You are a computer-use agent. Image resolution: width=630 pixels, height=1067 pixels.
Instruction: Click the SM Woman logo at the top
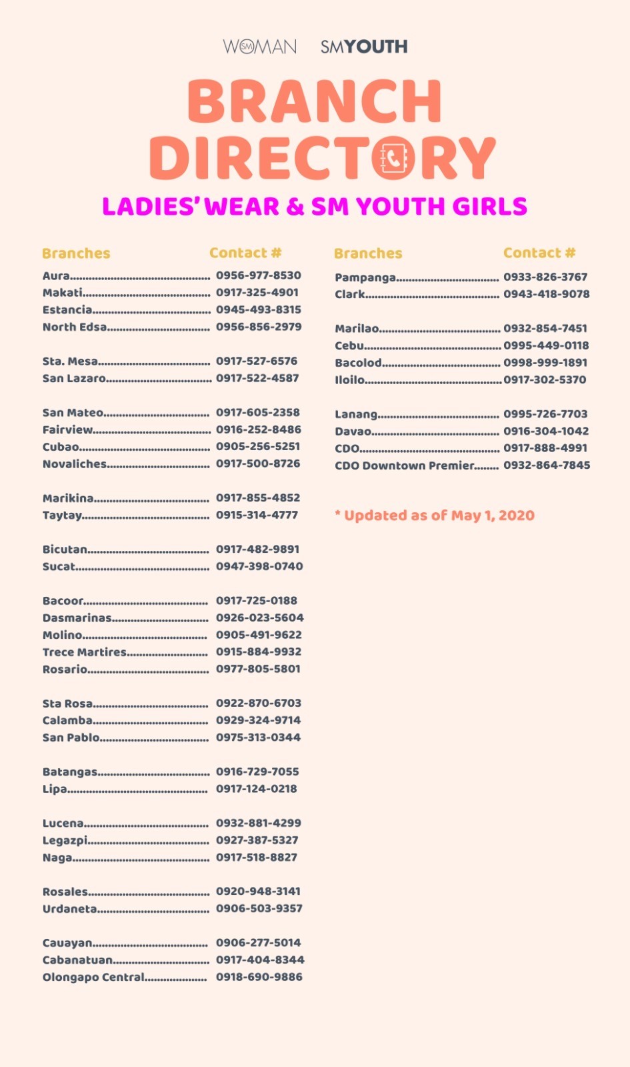click(x=259, y=47)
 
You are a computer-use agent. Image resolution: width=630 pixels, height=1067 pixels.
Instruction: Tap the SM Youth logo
click(x=364, y=47)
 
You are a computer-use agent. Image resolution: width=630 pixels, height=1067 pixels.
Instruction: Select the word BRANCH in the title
click(x=315, y=101)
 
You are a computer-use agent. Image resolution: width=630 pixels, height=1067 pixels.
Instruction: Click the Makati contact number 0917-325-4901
click(x=257, y=292)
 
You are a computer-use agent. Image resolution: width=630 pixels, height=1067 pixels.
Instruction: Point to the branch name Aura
click(x=56, y=276)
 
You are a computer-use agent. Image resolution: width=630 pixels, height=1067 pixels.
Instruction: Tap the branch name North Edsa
click(x=75, y=327)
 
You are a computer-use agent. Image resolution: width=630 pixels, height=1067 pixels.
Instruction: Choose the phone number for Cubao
click(x=258, y=446)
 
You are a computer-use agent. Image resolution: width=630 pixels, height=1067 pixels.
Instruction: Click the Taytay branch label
click(x=63, y=515)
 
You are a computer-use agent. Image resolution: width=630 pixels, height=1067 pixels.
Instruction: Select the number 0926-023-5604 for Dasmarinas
click(x=259, y=618)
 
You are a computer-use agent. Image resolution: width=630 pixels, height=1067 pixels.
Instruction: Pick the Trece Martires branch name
click(x=85, y=652)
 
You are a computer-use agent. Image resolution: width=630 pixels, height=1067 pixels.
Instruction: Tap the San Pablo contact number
click(x=258, y=737)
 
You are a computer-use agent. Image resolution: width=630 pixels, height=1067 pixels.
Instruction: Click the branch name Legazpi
click(x=65, y=840)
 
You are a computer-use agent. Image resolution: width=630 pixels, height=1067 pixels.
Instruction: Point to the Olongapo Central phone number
click(x=259, y=977)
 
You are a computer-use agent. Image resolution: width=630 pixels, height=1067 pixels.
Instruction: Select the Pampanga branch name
click(x=365, y=277)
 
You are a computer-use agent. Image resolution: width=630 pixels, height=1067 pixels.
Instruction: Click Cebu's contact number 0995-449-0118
click(x=546, y=345)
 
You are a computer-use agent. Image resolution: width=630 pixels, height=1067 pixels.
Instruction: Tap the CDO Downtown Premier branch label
click(x=405, y=465)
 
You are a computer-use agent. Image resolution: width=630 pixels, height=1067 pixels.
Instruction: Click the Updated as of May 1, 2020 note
click(x=435, y=515)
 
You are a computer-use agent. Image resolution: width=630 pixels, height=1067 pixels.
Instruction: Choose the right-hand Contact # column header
click(x=539, y=253)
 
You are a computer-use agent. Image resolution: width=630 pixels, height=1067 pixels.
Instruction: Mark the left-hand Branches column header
click(x=76, y=253)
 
